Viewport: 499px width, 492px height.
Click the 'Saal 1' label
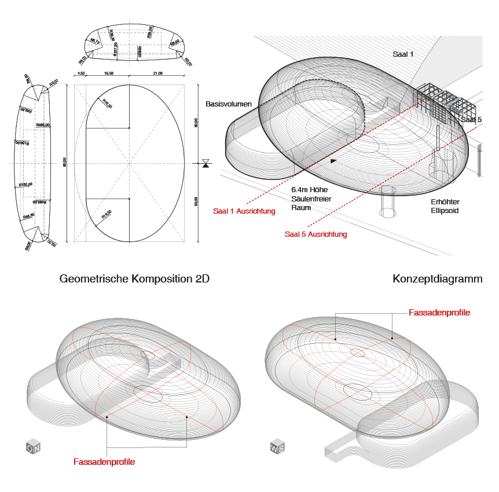tap(403, 54)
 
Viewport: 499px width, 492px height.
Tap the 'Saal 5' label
tap(471, 119)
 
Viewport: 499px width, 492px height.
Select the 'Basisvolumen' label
tap(229, 104)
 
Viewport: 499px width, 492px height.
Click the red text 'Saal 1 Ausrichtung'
tap(244, 211)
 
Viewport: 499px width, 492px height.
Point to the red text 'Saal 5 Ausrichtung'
tap(316, 234)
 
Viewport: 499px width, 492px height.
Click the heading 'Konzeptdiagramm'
tap(437, 279)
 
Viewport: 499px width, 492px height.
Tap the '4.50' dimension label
tap(82, 74)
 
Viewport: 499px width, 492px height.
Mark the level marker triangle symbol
tap(206, 163)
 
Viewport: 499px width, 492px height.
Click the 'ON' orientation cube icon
tap(34, 447)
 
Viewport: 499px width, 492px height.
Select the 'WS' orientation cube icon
tap(277, 447)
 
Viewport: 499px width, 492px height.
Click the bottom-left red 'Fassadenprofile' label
tap(104, 462)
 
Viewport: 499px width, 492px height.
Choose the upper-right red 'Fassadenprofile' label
tap(439, 313)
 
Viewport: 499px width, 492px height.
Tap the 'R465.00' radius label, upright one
tap(43, 125)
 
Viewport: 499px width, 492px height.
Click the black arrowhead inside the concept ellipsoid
tap(333, 160)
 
